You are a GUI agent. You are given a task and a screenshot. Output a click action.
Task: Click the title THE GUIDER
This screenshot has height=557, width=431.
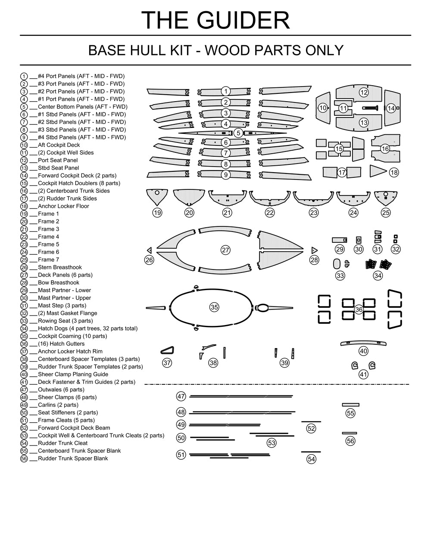[x=215, y=20]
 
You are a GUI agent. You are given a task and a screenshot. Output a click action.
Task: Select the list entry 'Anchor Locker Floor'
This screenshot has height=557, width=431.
[x=63, y=206]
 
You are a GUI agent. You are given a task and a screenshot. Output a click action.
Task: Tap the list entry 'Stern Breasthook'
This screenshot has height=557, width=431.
[x=59, y=267]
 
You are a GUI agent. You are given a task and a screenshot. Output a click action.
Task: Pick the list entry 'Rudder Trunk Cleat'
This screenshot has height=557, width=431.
[x=62, y=443]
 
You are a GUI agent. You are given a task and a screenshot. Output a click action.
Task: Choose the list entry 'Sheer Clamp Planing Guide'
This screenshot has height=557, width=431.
[x=73, y=374]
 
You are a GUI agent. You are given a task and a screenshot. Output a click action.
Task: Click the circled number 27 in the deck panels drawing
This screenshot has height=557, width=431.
[x=225, y=250]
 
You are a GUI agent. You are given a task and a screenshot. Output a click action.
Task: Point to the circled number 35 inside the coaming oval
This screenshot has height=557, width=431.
[x=214, y=307]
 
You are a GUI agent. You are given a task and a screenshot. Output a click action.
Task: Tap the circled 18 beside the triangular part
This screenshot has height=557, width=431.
[x=394, y=173]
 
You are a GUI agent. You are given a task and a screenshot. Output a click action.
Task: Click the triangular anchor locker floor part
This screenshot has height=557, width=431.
[x=377, y=170]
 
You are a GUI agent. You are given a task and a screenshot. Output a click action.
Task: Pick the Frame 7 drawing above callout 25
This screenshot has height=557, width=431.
[x=385, y=197]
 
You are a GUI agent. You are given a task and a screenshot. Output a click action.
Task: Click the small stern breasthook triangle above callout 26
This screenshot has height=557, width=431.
[x=149, y=250]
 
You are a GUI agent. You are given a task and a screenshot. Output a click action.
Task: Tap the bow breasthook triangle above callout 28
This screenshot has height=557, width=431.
[x=314, y=250]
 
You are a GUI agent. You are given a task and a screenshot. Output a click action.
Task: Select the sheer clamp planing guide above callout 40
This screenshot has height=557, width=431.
[x=363, y=343]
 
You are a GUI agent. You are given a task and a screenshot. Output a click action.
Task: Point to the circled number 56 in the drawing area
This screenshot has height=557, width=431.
[x=350, y=441]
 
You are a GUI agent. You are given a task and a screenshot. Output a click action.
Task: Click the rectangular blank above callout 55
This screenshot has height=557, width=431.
[x=350, y=405]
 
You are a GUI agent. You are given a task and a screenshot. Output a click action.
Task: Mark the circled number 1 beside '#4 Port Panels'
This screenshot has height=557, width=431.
[x=24, y=76]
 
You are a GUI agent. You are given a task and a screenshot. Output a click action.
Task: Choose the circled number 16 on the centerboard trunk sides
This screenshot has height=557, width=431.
[x=385, y=149]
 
